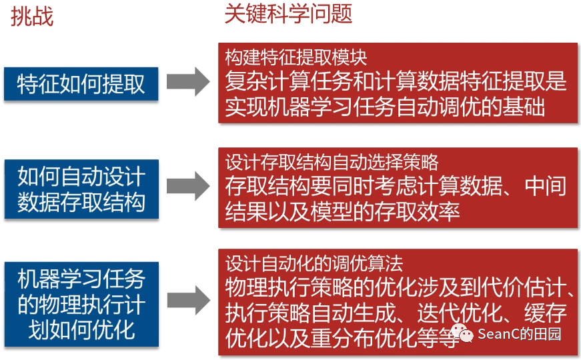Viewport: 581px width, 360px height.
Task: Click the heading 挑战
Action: [31, 17]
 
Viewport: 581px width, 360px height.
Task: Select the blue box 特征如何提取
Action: [81, 84]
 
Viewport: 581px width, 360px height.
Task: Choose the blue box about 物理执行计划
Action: [81, 303]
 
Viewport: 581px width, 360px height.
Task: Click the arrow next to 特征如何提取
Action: [188, 82]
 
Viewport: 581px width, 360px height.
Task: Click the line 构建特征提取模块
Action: [296, 57]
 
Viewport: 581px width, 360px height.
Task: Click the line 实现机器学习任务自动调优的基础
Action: [385, 107]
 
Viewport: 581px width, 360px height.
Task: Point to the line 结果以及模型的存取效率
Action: [342, 212]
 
